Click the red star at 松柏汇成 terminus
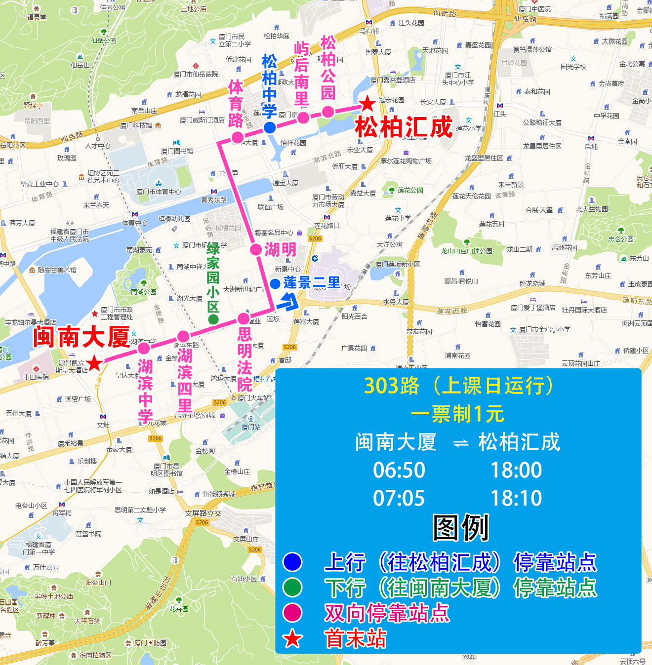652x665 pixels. [367, 104]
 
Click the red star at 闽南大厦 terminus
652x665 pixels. [94, 364]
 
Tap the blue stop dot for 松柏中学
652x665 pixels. [270, 128]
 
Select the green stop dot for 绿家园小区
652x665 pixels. [213, 319]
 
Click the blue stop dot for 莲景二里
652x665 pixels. [275, 284]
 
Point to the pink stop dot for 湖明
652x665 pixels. [256, 249]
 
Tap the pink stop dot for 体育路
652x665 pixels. [238, 137]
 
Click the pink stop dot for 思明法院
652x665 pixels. [244, 318]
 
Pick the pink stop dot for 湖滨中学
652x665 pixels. [144, 348]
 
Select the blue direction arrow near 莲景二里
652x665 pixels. [289, 301]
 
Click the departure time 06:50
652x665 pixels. [399, 470]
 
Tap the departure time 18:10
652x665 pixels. [516, 498]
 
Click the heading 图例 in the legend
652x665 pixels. [461, 528]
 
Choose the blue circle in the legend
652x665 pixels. [292, 562]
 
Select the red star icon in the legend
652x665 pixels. [292, 639]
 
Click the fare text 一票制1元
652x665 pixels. [457, 414]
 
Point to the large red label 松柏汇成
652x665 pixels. [404, 127]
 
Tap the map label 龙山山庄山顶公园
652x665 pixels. [467, 251]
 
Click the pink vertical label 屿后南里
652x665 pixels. [301, 74]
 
